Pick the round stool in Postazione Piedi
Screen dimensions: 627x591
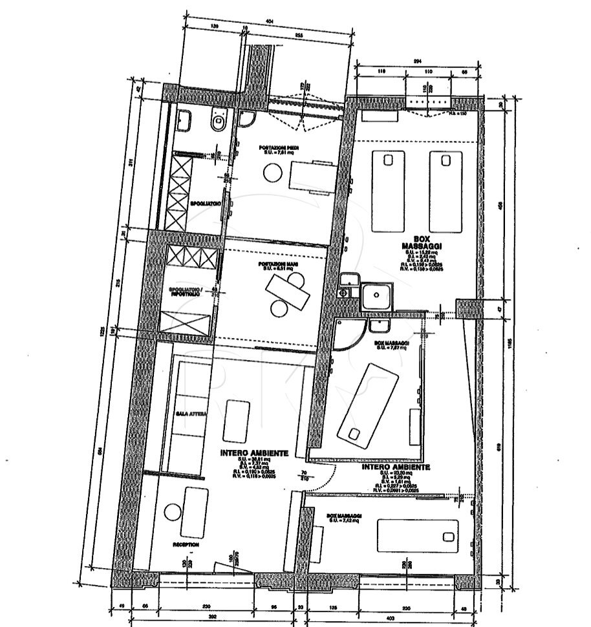coord(272,173)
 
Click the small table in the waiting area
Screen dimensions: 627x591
coord(236,420)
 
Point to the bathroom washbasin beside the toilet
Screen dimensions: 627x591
coord(184,119)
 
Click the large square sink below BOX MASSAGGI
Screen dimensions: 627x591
coord(376,298)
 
